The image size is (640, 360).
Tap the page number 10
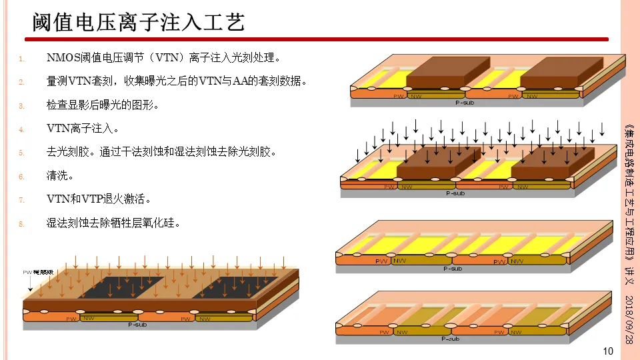coord(607,351)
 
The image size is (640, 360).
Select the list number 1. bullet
coord(21,59)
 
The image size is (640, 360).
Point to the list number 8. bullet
coord(21,223)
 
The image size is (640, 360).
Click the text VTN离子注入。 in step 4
coord(83,128)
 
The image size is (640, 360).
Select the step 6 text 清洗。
coord(60,176)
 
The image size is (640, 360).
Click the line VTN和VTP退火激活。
coord(99,199)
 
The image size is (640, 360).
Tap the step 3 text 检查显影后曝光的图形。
coord(103,105)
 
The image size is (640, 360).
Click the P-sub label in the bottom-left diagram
coord(139,324)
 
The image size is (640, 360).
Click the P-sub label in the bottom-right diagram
coord(451,339)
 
